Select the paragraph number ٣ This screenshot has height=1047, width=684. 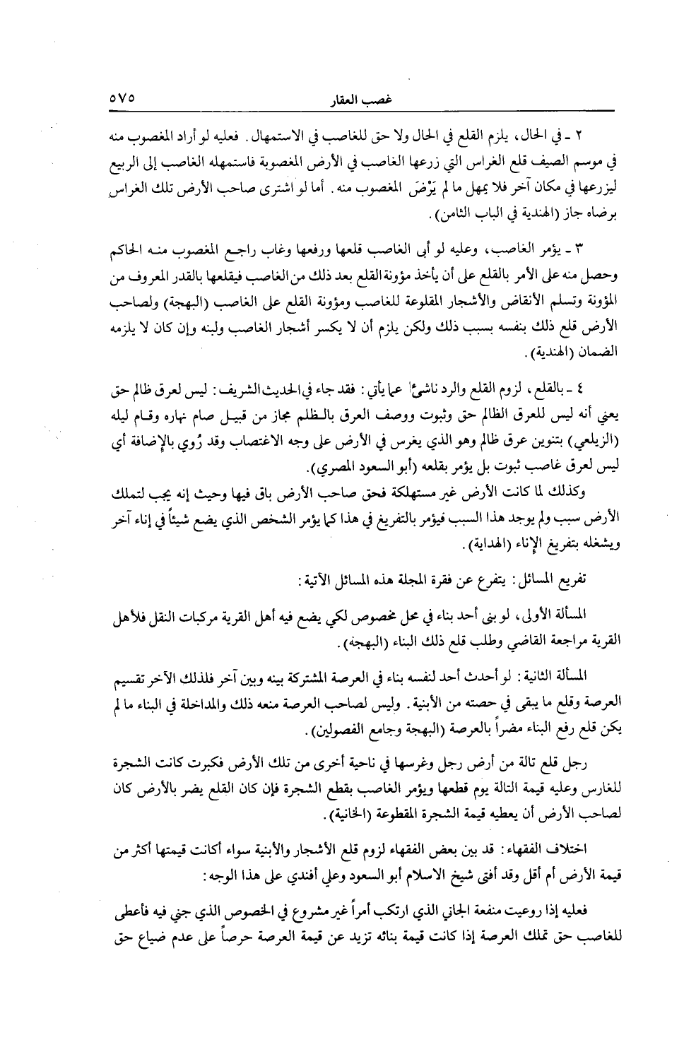click(x=581, y=249)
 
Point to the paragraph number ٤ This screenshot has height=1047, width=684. click(x=581, y=389)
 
